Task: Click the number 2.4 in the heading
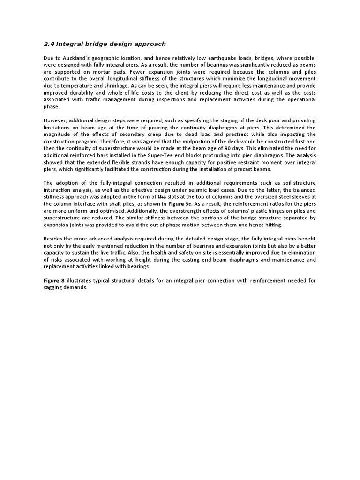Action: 49,44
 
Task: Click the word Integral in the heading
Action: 70,44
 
